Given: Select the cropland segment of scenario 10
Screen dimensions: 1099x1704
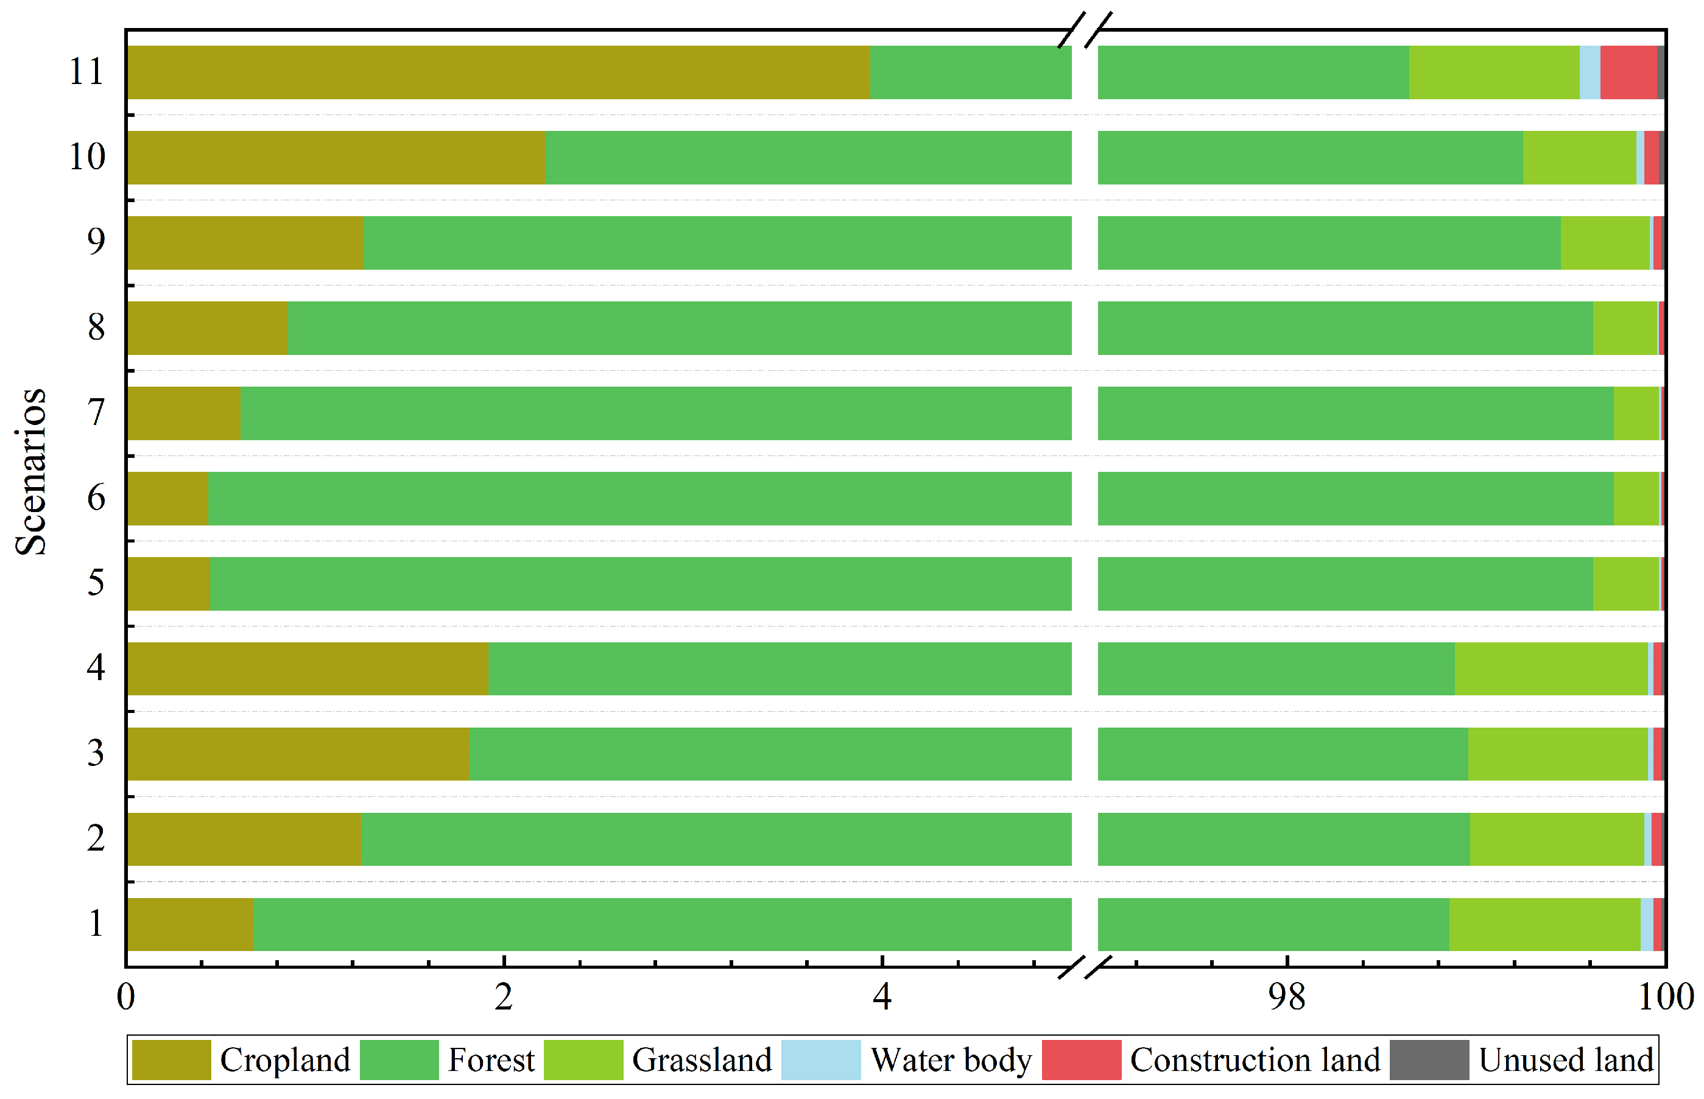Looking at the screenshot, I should (336, 157).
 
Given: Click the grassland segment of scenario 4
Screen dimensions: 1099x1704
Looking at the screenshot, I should (1551, 668).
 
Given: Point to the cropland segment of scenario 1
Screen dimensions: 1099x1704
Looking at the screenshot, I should (190, 924).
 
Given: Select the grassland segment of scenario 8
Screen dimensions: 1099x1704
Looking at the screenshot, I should (1624, 328).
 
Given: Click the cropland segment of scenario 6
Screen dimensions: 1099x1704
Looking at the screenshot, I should (167, 498).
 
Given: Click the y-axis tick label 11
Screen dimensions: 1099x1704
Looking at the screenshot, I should (86, 72).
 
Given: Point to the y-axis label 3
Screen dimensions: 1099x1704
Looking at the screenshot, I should (96, 754).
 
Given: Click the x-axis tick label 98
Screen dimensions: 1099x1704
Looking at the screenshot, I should (1286, 997).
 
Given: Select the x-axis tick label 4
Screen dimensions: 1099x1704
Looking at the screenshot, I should (882, 997).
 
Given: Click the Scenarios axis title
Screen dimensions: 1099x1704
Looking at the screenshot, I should (30, 471).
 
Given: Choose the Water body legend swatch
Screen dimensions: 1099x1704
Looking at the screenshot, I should (820, 1060).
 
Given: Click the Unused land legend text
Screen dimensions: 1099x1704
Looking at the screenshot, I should (1566, 1060).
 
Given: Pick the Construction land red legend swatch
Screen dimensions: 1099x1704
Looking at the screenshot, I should (1081, 1060).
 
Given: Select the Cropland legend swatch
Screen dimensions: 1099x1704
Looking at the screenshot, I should (171, 1060).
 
